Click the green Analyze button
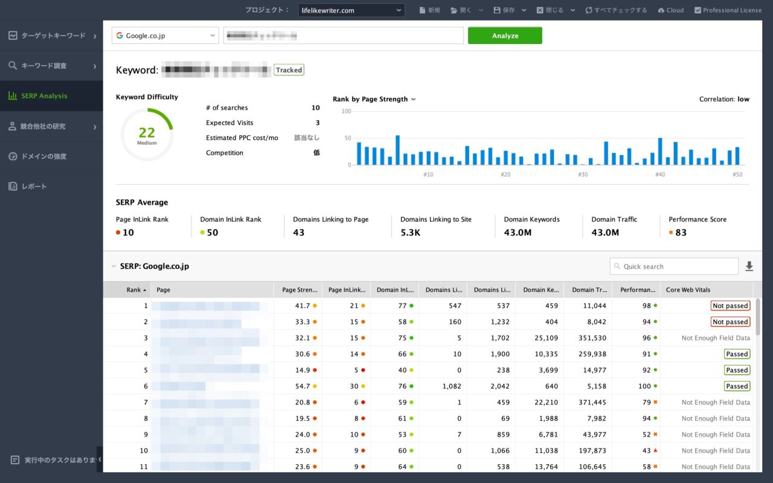tap(505, 36)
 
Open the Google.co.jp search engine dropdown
tap(165, 36)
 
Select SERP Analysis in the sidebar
tap(44, 96)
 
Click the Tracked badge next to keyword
tap(289, 70)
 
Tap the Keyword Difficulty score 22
tap(147, 133)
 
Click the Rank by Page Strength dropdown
tap(374, 99)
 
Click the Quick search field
tap(674, 266)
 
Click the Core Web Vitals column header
tap(688, 290)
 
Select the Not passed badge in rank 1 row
tap(730, 306)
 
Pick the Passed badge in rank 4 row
tap(737, 354)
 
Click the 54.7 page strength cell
tap(303, 386)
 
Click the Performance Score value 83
tap(681, 232)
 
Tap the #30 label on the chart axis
tap(582, 174)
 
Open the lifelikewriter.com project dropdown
tap(351, 10)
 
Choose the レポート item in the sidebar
tap(34, 187)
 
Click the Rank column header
tap(133, 290)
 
